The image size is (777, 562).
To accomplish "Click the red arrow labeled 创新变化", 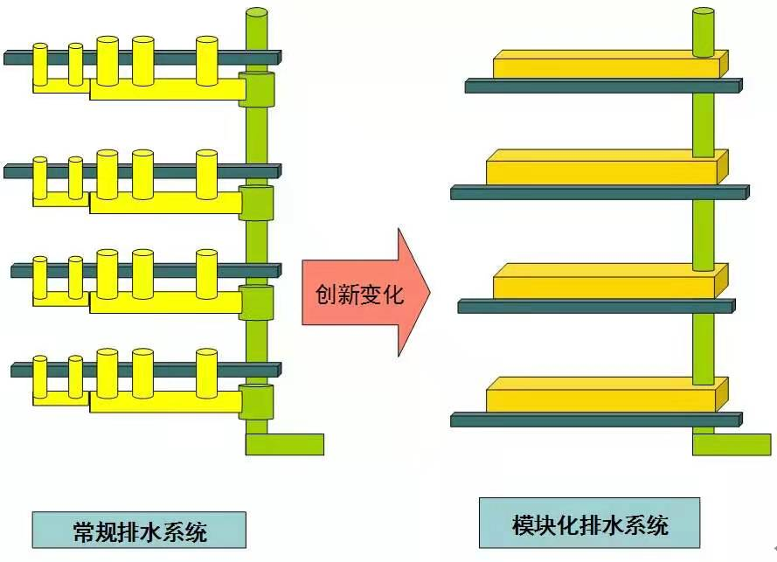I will [x=363, y=293].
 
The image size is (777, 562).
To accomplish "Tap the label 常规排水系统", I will [x=139, y=530].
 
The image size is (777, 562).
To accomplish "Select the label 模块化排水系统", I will [x=589, y=524].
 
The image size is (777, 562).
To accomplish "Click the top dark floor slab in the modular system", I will [x=603, y=87].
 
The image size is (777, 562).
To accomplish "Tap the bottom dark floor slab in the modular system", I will [x=594, y=420].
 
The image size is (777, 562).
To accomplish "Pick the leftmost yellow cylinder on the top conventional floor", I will [x=40, y=63].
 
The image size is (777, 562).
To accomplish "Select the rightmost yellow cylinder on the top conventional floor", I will [x=207, y=60].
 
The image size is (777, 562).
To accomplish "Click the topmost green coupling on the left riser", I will [x=256, y=89].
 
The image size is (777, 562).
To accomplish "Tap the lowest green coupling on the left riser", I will [x=256, y=401].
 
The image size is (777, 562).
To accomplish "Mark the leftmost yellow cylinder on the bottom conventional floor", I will [x=40, y=375].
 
